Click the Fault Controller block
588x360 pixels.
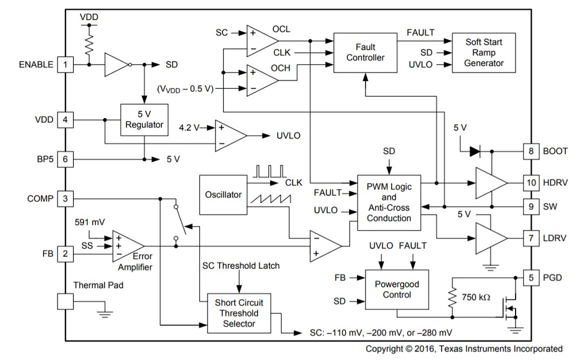pos(366,52)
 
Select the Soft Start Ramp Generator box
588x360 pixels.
pos(483,52)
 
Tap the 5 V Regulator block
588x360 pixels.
pos(144,120)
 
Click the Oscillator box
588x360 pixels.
pos(223,194)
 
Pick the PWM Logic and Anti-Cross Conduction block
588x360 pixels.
pos(389,202)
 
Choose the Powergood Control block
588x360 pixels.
pos(397,289)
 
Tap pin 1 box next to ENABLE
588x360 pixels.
pos(66,64)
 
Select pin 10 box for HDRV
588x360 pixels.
pos(531,182)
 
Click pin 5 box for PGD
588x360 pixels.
pos(531,278)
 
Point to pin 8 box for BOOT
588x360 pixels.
pos(531,151)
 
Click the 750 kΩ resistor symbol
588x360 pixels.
pos(452,297)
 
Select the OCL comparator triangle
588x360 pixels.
pos(260,40)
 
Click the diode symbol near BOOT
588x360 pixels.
pos(474,151)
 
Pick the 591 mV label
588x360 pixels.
pos(90,222)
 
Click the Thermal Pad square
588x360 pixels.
pos(66,301)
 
